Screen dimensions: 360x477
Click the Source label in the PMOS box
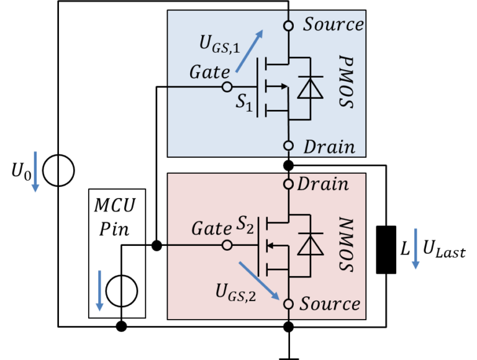point(333,25)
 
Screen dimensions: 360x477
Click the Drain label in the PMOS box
point(329,147)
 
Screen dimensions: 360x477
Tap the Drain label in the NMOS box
point(323,184)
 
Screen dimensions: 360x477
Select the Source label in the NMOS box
point(330,304)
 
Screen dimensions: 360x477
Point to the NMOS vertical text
point(346,245)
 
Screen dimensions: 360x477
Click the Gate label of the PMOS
point(209,73)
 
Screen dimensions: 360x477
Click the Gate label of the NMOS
point(211,229)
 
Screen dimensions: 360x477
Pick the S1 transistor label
point(243,103)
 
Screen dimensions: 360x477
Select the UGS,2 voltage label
point(235,292)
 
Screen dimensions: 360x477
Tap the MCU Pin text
point(117,217)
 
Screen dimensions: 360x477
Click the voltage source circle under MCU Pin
point(121,290)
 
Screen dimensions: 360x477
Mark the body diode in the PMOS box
point(309,88)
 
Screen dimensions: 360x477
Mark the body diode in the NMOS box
point(309,245)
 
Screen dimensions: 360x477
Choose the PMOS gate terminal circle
point(227,88)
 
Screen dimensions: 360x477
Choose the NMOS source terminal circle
point(288,304)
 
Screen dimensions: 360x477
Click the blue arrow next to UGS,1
point(249,51)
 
